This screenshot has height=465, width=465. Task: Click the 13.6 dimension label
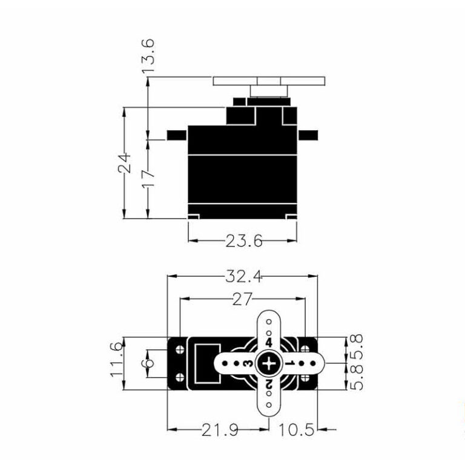point(148,56)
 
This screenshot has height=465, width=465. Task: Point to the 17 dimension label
point(148,177)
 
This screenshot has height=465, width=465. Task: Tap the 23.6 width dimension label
point(244,241)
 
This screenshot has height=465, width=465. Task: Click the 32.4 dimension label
point(244,276)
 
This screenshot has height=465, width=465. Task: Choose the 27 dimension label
point(242,299)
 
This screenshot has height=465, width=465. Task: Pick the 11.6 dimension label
point(116,360)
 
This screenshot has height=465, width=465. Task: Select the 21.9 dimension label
point(220,430)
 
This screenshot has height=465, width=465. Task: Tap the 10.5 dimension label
point(296,430)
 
